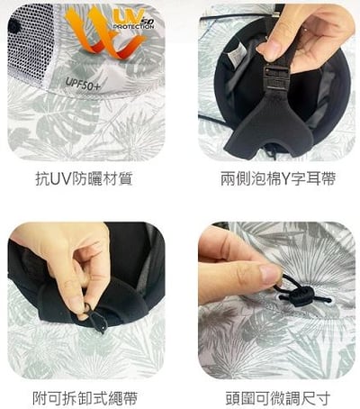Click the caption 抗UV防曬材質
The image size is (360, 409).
pos(87,178)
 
